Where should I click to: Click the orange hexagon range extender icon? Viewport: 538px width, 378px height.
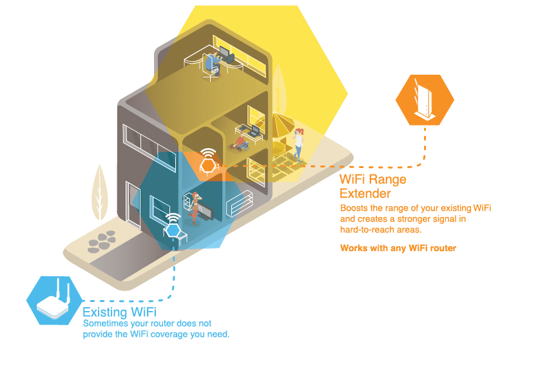[425, 100]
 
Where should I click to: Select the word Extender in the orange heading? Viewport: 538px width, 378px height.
[365, 193]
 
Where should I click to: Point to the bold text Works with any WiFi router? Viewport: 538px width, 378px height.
[398, 248]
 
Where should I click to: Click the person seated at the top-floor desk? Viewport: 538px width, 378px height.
[209, 62]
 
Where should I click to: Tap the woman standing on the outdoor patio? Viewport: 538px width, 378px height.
[298, 144]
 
